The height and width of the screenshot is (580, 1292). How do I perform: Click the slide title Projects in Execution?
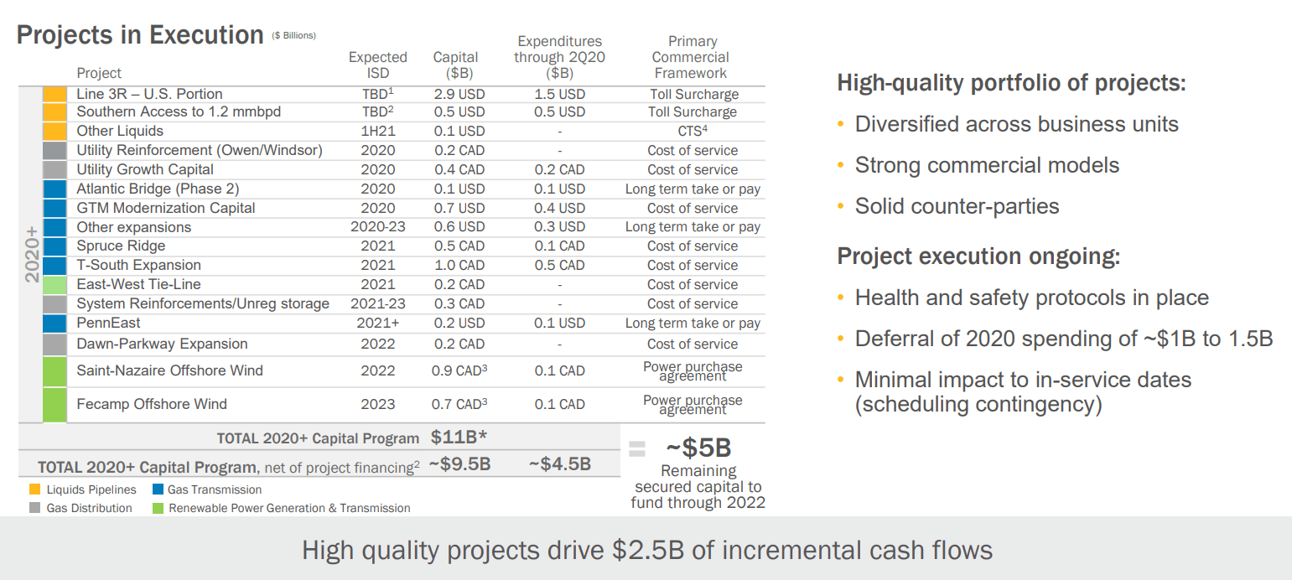coord(140,35)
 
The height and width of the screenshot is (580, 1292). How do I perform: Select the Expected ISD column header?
coord(378,65)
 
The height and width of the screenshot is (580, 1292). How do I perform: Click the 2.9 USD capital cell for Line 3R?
coord(459,94)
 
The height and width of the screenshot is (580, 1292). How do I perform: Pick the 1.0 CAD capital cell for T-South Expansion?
coord(459,265)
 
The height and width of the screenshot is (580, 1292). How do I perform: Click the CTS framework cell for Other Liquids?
coord(692,131)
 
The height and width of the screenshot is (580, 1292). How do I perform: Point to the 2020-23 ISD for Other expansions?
coord(378,227)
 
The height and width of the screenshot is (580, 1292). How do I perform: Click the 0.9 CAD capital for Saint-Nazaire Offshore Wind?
coord(459,370)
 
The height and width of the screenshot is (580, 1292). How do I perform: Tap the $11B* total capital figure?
coord(459,438)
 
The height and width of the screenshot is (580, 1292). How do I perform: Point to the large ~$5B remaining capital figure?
coord(698,448)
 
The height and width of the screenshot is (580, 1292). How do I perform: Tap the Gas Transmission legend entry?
coord(215,489)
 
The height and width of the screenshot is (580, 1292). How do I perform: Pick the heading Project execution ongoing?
coord(978,256)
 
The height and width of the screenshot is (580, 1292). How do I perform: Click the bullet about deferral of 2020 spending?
coord(1063,339)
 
